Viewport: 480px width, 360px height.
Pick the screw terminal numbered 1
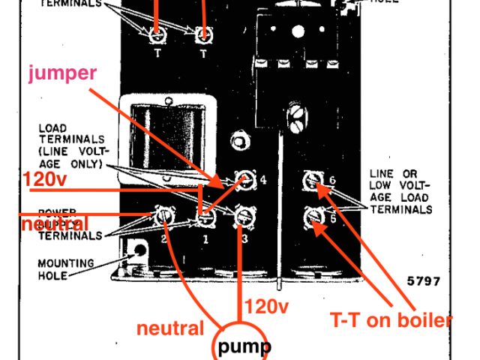204,218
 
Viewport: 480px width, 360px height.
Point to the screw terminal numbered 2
163,217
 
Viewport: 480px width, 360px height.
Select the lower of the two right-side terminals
311,219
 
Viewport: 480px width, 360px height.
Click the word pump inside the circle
244,347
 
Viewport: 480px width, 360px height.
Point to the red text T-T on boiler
391,320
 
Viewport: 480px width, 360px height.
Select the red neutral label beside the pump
170,328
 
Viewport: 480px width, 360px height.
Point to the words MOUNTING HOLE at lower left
66,269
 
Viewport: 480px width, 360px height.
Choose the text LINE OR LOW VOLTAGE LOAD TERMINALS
400,191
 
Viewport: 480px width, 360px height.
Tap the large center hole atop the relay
294,32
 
